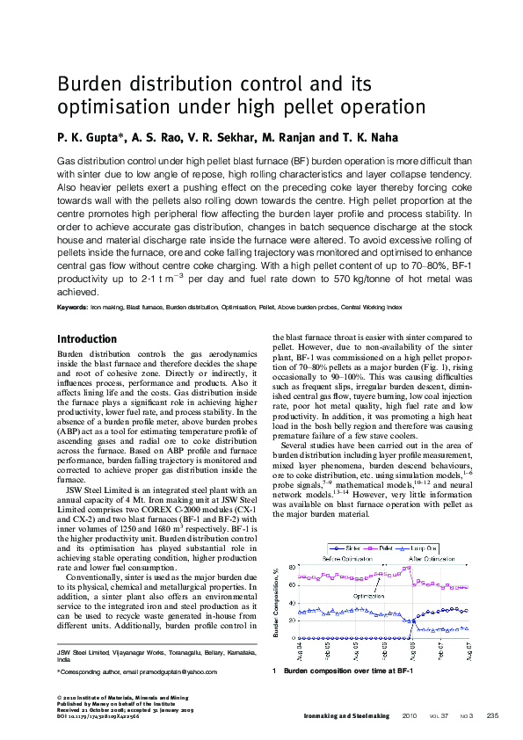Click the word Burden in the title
[x=91, y=85]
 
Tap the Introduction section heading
[x=87, y=339]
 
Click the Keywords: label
[x=72, y=308]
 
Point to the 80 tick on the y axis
[x=292, y=567]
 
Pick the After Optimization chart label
[x=432, y=558]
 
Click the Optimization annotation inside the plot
[x=370, y=596]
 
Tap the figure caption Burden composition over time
[x=348, y=671]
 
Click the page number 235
[x=491, y=715]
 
